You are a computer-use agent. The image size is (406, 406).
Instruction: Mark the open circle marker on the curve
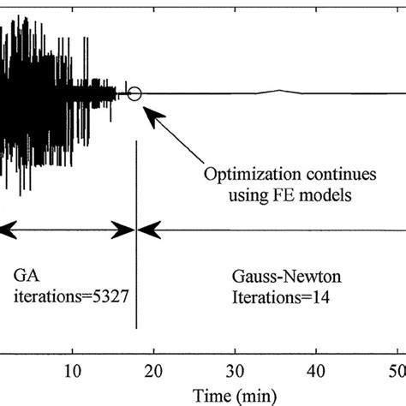134,93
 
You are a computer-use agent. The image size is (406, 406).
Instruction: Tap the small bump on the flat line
281,91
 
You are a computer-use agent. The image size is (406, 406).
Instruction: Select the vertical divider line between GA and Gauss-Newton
137,257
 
